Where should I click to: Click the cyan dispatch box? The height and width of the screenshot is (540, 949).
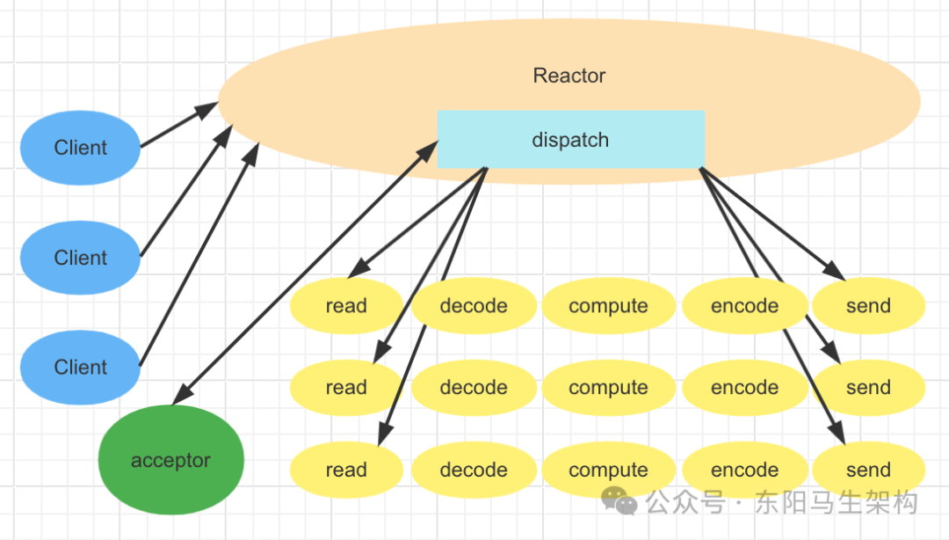tap(570, 139)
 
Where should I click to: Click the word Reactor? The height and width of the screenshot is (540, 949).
tap(569, 76)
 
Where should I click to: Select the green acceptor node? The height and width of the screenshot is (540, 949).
tap(170, 460)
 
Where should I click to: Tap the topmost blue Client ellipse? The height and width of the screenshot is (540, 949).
tap(80, 148)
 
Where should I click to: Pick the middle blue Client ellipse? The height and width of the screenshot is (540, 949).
tap(80, 258)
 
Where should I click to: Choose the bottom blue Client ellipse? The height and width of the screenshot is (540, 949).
tap(80, 367)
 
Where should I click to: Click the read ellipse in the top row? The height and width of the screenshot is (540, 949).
tap(345, 306)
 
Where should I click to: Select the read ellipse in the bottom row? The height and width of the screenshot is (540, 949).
tap(345, 470)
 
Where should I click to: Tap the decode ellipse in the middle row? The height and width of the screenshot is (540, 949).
tap(474, 388)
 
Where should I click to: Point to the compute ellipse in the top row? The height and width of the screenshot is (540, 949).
tap(608, 306)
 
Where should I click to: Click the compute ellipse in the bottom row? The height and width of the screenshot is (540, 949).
tap(608, 470)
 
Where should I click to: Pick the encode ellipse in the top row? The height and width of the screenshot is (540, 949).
tap(744, 306)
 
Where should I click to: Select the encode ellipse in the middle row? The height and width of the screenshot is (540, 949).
tap(744, 388)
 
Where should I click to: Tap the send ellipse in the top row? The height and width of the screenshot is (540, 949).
tap(868, 306)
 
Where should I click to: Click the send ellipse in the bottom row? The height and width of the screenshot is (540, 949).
tap(868, 470)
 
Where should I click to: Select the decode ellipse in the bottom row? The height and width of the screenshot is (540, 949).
tap(474, 470)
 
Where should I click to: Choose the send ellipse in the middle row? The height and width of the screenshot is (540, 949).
tap(868, 388)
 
